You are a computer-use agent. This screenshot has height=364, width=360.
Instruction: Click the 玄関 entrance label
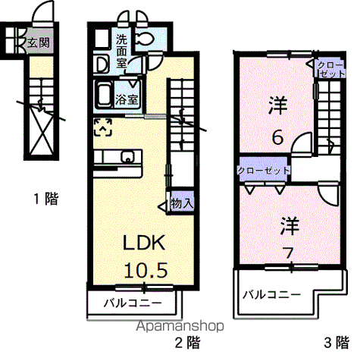click(x=39, y=43)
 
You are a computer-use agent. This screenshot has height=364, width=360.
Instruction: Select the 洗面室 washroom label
click(x=121, y=52)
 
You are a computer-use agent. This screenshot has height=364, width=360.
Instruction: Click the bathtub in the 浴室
click(x=103, y=95)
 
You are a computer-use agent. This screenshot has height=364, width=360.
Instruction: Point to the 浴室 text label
click(x=127, y=99)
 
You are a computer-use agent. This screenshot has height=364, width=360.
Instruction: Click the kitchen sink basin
click(x=128, y=157)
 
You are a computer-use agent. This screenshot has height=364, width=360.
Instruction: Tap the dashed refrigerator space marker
click(x=103, y=127)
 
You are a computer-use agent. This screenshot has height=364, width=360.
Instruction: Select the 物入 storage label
click(x=182, y=202)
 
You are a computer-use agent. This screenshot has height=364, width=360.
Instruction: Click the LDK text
click(x=144, y=243)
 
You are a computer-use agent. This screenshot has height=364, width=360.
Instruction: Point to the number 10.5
click(x=146, y=270)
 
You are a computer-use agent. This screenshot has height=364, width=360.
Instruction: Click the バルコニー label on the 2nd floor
click(x=133, y=303)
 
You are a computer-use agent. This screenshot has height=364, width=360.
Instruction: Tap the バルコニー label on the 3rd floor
click(x=272, y=294)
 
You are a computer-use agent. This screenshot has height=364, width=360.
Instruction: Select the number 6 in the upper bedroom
click(x=277, y=138)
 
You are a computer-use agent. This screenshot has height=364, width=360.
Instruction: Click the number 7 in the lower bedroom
click(x=289, y=253)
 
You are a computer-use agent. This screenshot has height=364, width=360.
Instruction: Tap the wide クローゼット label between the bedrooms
click(x=264, y=171)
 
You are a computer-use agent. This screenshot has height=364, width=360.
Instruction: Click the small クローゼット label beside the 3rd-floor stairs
click(x=330, y=69)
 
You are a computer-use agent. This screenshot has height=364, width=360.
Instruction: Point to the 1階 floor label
click(x=46, y=199)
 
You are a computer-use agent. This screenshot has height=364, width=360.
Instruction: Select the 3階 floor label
click(x=337, y=343)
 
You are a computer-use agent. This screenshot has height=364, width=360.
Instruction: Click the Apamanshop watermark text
click(x=180, y=326)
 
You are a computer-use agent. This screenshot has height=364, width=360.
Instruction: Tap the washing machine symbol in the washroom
click(x=102, y=64)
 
